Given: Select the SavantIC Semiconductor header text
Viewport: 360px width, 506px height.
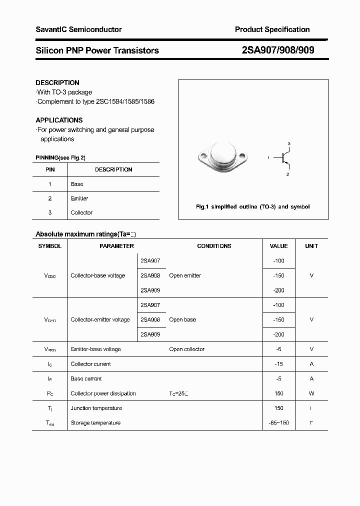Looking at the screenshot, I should (78, 29).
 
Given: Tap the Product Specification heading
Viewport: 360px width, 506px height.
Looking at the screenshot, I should (272, 29).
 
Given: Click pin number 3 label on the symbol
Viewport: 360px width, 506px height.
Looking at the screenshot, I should (288, 143).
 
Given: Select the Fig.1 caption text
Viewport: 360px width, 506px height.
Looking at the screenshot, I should (252, 206).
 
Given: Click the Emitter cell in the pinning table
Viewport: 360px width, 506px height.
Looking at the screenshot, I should (79, 198).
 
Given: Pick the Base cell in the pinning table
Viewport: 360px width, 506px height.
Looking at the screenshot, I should (77, 184).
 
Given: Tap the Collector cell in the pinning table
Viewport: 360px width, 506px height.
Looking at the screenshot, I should (81, 212).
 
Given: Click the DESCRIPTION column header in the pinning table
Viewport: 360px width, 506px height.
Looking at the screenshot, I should (113, 169).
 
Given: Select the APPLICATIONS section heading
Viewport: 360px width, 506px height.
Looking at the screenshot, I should (59, 120).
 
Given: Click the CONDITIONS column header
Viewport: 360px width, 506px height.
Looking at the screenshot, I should (214, 246).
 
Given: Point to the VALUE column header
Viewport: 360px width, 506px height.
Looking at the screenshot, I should (278, 246).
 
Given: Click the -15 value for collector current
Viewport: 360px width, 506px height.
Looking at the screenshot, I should (278, 364).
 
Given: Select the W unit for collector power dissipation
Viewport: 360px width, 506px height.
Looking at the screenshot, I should (311, 393).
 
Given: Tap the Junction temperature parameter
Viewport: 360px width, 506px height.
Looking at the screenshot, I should (96, 408).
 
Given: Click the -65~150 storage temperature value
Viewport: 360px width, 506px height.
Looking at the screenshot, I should (278, 423).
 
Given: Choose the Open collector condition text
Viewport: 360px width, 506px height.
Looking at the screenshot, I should (186, 349).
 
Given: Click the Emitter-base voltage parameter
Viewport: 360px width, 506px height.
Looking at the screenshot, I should (95, 349).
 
